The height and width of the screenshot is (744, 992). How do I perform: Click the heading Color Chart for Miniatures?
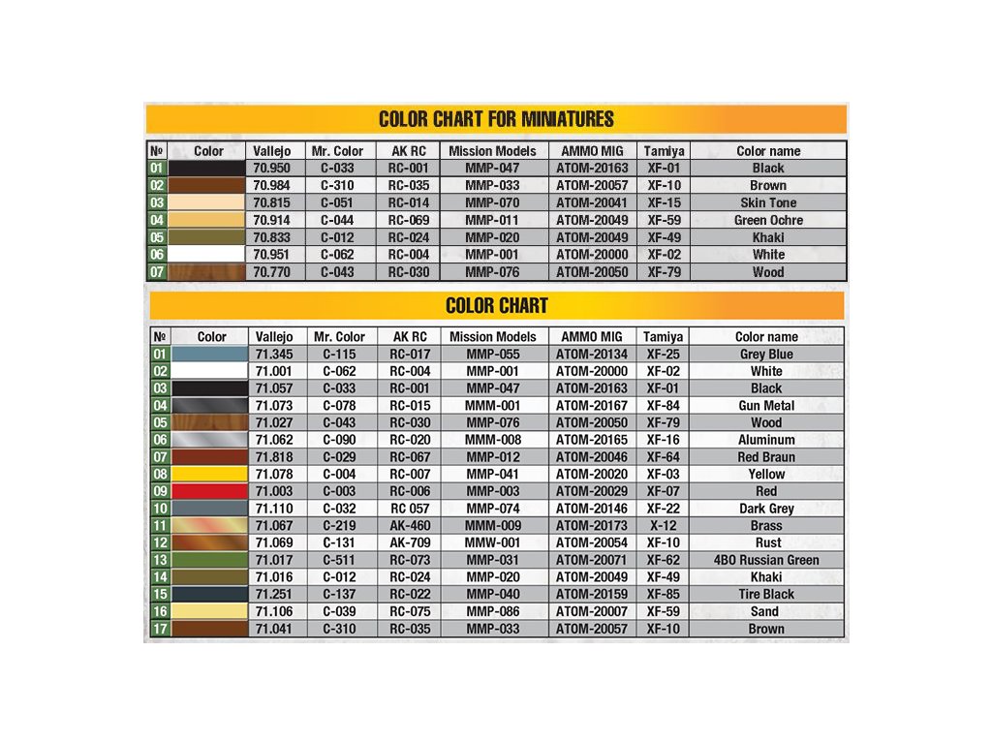click(496, 119)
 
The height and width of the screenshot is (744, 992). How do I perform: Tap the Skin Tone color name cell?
click(768, 202)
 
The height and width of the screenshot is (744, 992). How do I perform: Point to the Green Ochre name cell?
click(768, 220)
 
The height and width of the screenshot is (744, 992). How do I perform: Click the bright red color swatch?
click(209, 491)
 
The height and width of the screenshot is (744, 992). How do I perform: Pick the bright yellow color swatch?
click(209, 474)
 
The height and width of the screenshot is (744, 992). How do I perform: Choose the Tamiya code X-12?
click(663, 525)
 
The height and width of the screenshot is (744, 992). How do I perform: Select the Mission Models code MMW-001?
click(492, 542)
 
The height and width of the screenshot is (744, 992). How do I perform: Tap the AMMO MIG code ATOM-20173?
click(591, 525)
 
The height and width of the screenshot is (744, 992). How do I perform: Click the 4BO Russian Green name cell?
click(766, 560)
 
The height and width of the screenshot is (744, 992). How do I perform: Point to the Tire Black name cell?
click(766, 594)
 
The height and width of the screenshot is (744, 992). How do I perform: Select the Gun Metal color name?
click(766, 405)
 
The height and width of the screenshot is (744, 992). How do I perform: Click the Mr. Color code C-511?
click(338, 560)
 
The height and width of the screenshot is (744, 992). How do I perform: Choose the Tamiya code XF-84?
click(663, 405)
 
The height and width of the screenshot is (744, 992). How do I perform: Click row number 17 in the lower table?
click(160, 629)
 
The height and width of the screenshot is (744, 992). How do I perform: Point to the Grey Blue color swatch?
click(209, 354)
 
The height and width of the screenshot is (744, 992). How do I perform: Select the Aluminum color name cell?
click(766, 440)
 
